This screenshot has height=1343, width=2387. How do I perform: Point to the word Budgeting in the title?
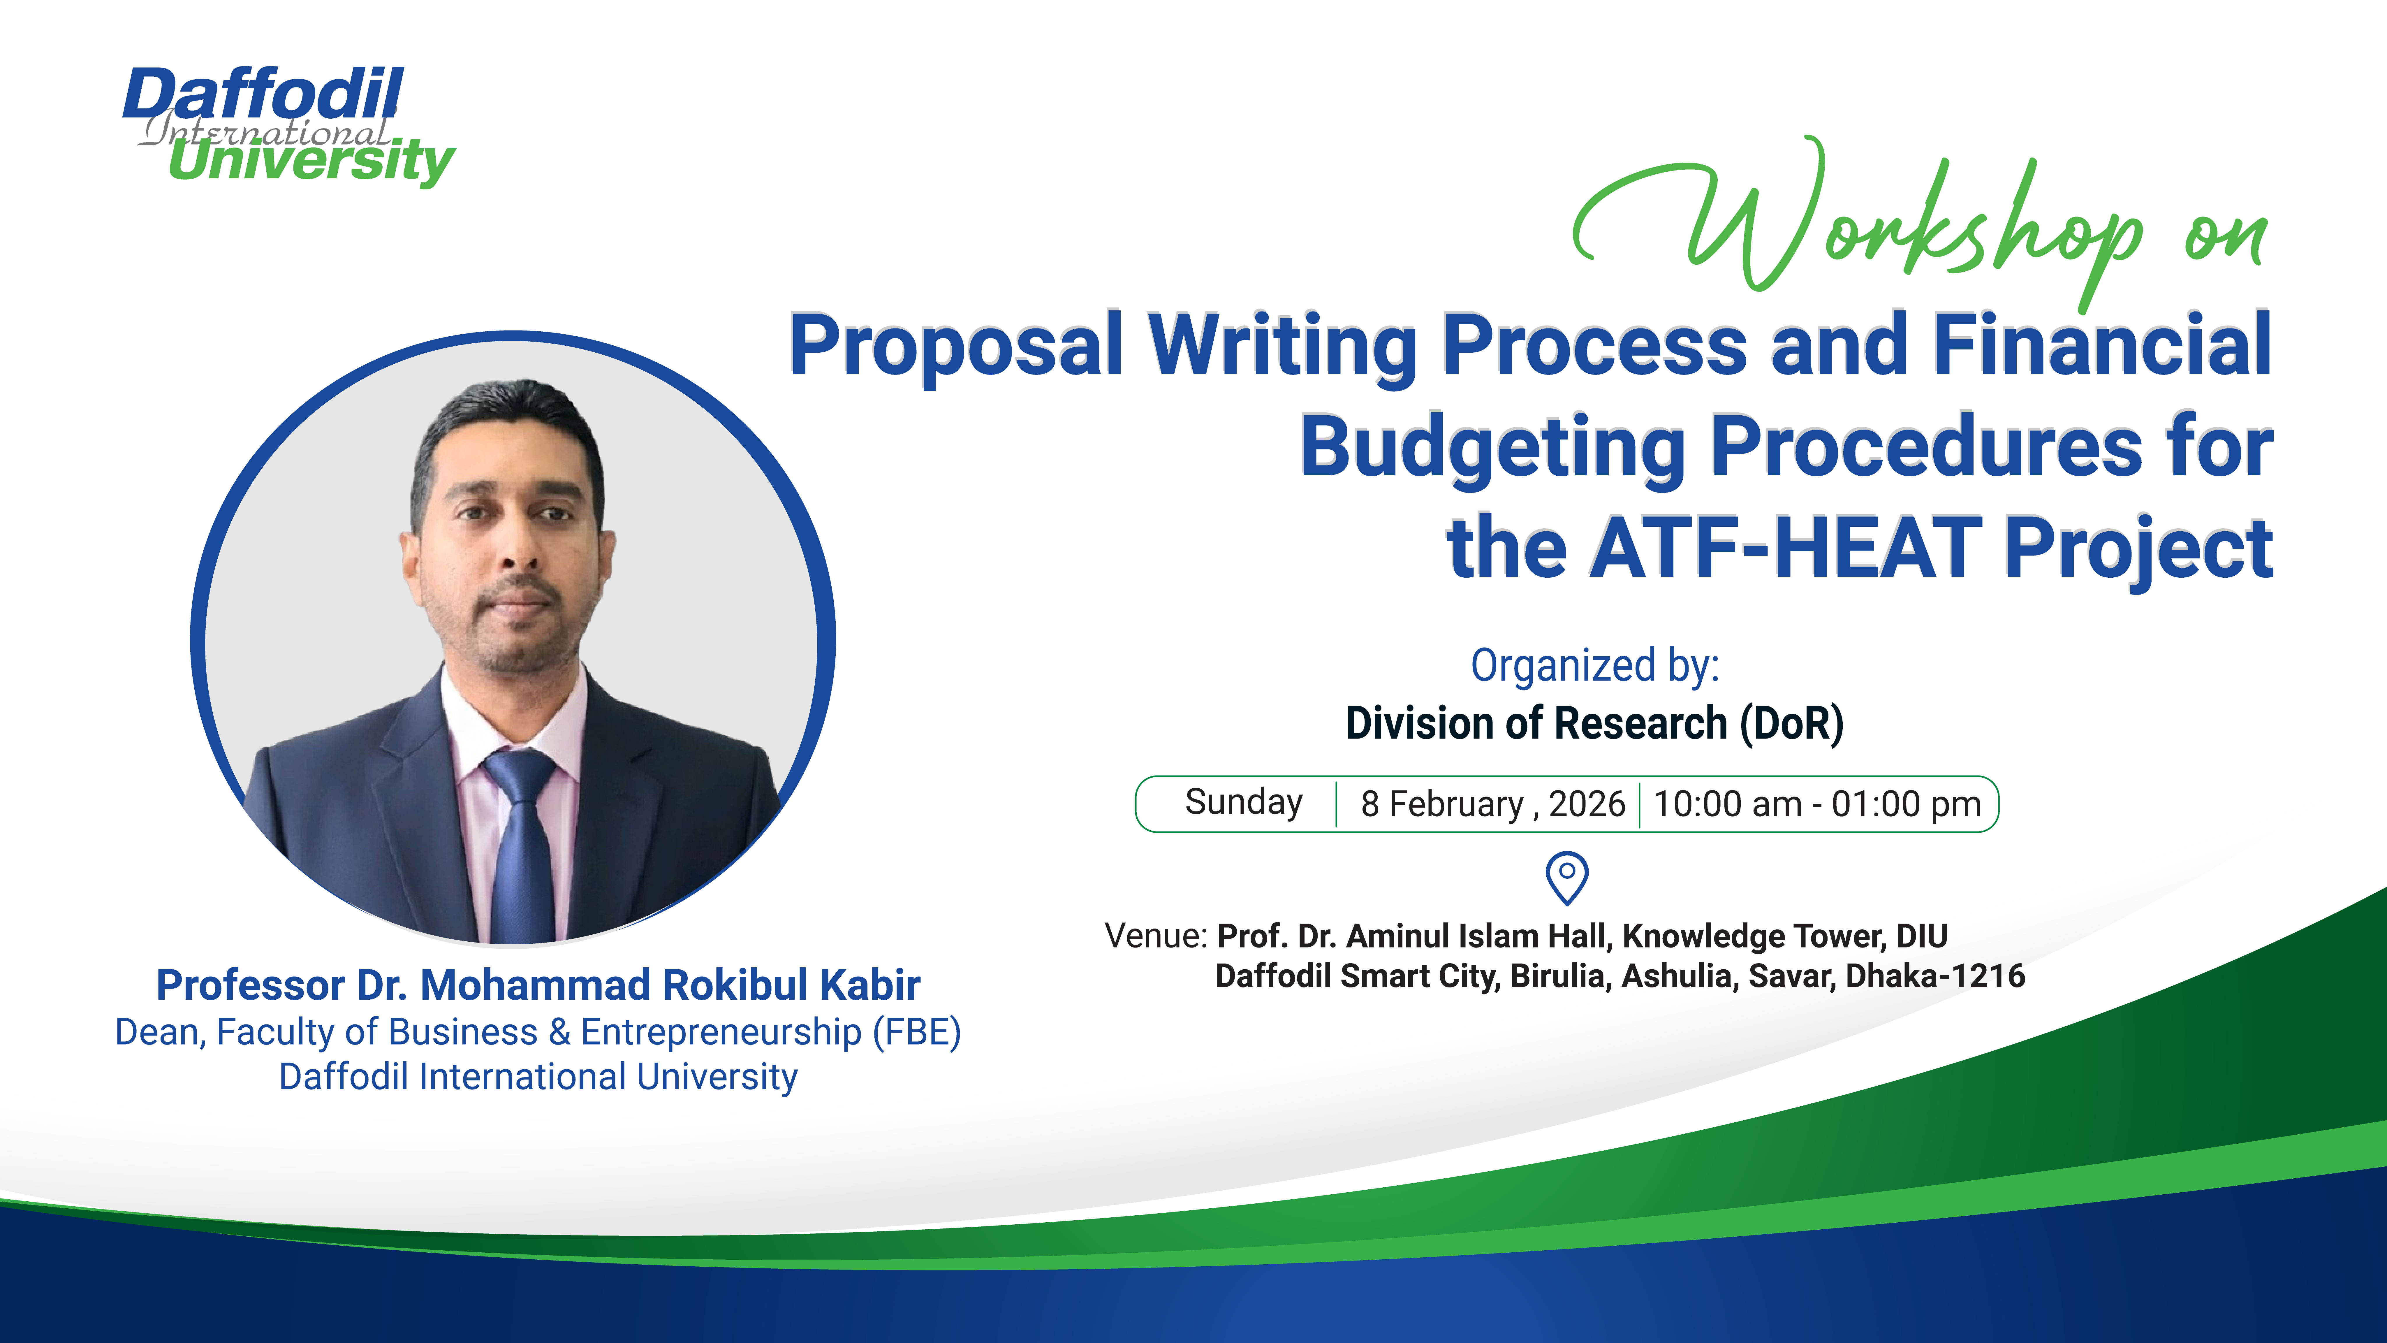(1492, 448)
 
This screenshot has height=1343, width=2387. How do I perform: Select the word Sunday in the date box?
(1244, 803)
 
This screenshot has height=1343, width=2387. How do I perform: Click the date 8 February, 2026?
(1492, 804)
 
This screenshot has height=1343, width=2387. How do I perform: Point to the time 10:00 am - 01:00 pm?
(1816, 804)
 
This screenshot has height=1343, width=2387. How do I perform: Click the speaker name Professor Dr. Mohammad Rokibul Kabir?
(537, 985)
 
